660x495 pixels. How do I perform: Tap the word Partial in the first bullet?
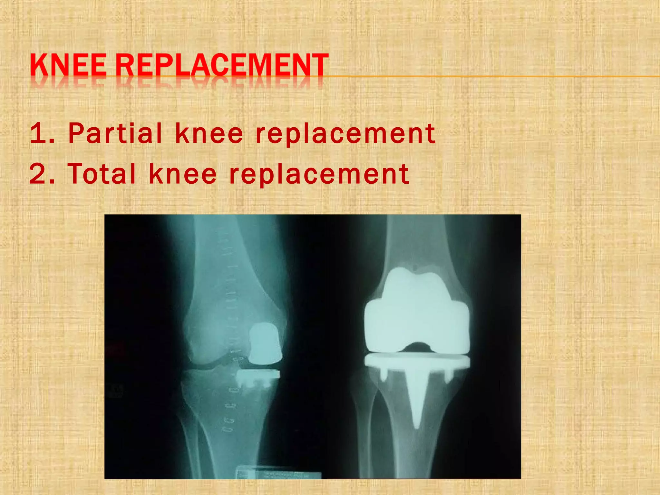[x=115, y=133]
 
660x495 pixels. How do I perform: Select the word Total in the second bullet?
[x=102, y=174]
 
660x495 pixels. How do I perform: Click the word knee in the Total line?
[x=183, y=174]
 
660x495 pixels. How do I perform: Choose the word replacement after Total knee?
[x=319, y=174]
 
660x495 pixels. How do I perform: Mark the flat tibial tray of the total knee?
[x=417, y=361]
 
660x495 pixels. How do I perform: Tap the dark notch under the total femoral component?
[x=417, y=347]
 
